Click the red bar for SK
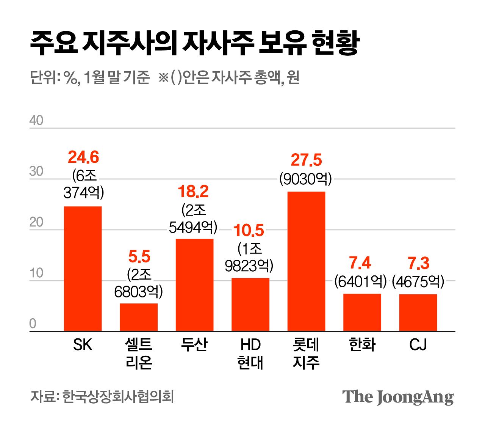pos(83,269)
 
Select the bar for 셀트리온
pos(139,317)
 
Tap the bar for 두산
pos(194,285)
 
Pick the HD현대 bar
pos(250,304)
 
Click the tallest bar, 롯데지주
pos(306,261)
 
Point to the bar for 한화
pos(362,312)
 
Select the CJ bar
pos(418,313)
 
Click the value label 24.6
pos(83,157)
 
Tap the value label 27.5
pos(306,160)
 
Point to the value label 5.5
pos(139,257)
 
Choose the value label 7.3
pos(418,263)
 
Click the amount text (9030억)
pos(306,179)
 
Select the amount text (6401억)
pos(360,281)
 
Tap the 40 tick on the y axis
pos(36,121)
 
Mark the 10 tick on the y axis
pos(36,273)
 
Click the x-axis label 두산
pos(194,345)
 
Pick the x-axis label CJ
pos(418,345)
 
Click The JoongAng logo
pos(398,397)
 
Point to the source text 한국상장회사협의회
pos(118,397)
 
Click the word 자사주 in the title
pos(218,44)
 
